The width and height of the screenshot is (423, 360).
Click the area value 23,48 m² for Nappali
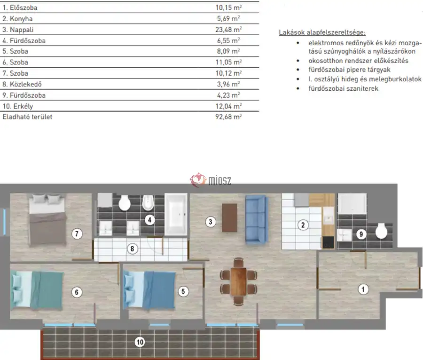228,30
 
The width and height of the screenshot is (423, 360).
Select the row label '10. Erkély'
18,106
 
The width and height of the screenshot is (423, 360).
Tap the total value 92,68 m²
228,117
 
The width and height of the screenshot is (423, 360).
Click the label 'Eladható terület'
27,117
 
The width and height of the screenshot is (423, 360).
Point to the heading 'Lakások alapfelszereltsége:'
322,32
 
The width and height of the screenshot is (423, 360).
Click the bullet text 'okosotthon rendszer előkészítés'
358,61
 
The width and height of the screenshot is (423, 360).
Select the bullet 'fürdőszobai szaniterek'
344,88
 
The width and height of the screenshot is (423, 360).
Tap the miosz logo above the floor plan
211,180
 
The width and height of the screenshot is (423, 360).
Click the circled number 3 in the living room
211,222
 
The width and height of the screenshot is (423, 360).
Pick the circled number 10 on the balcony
140,342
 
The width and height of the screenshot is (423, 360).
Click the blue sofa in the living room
257,220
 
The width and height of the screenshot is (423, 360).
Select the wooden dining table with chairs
238,282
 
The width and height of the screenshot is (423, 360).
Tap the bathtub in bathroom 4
176,214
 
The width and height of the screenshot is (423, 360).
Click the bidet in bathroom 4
148,203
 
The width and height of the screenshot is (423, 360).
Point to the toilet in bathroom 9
381,231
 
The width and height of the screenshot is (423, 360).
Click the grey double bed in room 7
47,220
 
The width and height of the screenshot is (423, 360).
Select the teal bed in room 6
38,290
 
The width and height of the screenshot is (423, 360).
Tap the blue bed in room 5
149,290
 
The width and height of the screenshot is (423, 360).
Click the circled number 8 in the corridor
132,249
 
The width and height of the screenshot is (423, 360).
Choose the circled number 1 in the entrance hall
363,290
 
